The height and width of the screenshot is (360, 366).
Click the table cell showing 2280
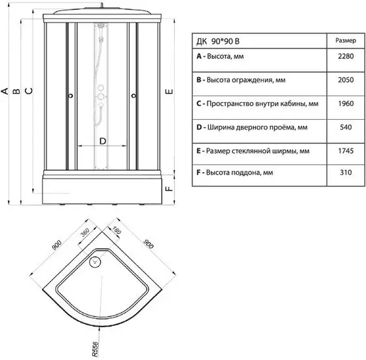point(346,56)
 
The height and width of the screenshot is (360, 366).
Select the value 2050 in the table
point(346,80)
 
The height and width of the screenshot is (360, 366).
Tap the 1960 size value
point(346,103)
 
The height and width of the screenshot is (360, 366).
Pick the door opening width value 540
point(346,127)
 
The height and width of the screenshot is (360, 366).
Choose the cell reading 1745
point(346,151)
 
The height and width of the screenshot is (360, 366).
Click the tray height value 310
point(346,172)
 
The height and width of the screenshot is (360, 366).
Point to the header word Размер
point(346,41)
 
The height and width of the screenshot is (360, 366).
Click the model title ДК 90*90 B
point(218,41)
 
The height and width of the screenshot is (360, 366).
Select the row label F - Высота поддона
point(235,173)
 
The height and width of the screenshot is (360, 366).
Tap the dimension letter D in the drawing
point(103,141)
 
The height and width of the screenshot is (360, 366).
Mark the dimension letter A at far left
point(5,91)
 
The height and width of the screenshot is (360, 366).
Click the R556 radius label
point(95,350)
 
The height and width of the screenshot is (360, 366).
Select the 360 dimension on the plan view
point(84,232)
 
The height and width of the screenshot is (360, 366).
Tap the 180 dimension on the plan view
point(117,230)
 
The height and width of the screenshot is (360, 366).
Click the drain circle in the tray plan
point(95,262)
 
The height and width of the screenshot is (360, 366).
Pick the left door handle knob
point(71,96)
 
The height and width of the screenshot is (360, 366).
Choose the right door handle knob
point(134,96)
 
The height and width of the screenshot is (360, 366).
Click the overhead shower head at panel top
point(101,25)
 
